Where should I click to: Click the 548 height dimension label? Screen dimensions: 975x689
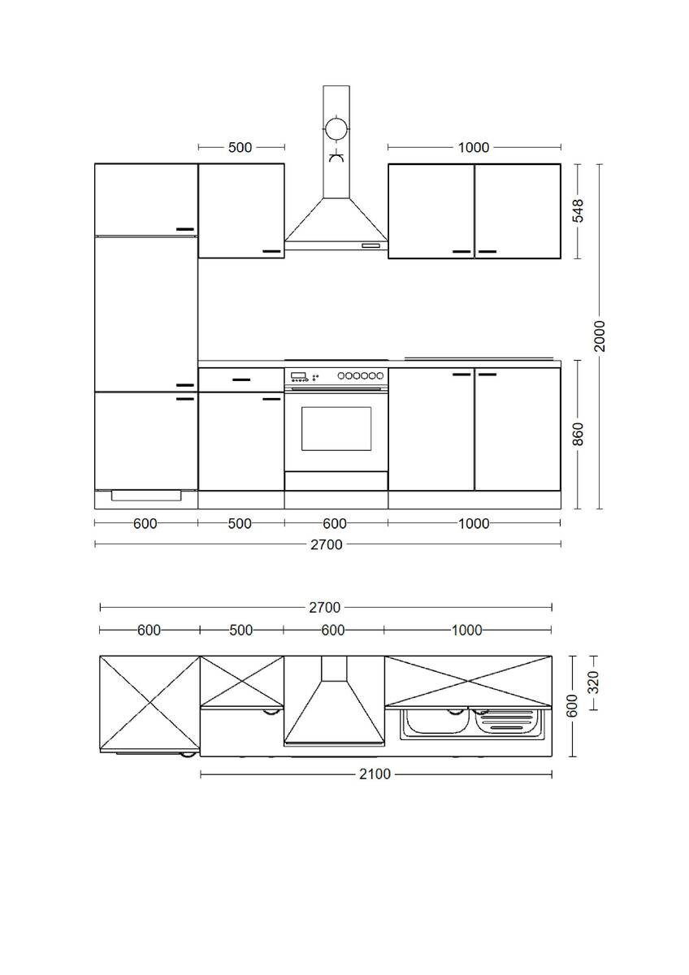(578, 210)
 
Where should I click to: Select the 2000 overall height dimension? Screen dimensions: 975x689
(600, 336)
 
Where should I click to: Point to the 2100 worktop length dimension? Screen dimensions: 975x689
(375, 774)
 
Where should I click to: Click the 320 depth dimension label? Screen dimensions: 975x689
(593, 681)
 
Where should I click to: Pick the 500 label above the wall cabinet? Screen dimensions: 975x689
(240, 147)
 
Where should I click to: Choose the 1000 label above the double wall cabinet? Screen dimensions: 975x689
(474, 147)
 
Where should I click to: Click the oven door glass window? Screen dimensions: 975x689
(336, 428)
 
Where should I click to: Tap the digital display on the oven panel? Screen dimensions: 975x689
(298, 376)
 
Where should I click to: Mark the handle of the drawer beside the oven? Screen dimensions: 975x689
(241, 379)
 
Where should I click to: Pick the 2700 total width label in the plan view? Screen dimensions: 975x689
(324, 607)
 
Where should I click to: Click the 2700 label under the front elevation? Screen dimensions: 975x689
(327, 544)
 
